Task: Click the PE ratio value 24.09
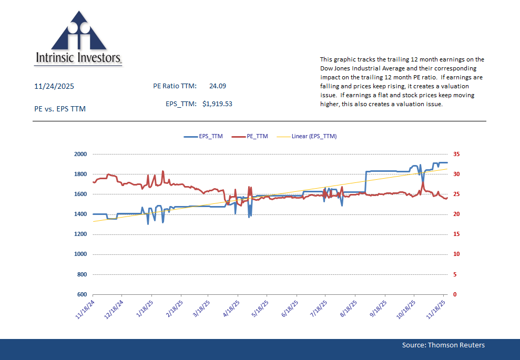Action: [x=218, y=86]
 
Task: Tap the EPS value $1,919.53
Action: [x=217, y=104]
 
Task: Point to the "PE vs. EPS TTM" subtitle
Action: [x=59, y=109]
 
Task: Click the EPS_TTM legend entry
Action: [x=204, y=136]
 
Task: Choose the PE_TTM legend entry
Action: [x=251, y=136]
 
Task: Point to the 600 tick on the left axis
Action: [x=81, y=294]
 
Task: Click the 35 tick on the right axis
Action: [x=456, y=154]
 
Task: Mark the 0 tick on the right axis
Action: [x=454, y=294]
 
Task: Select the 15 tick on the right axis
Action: [x=456, y=234]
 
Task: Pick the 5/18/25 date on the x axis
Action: [x=259, y=309]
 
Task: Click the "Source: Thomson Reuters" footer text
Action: [x=443, y=345]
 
